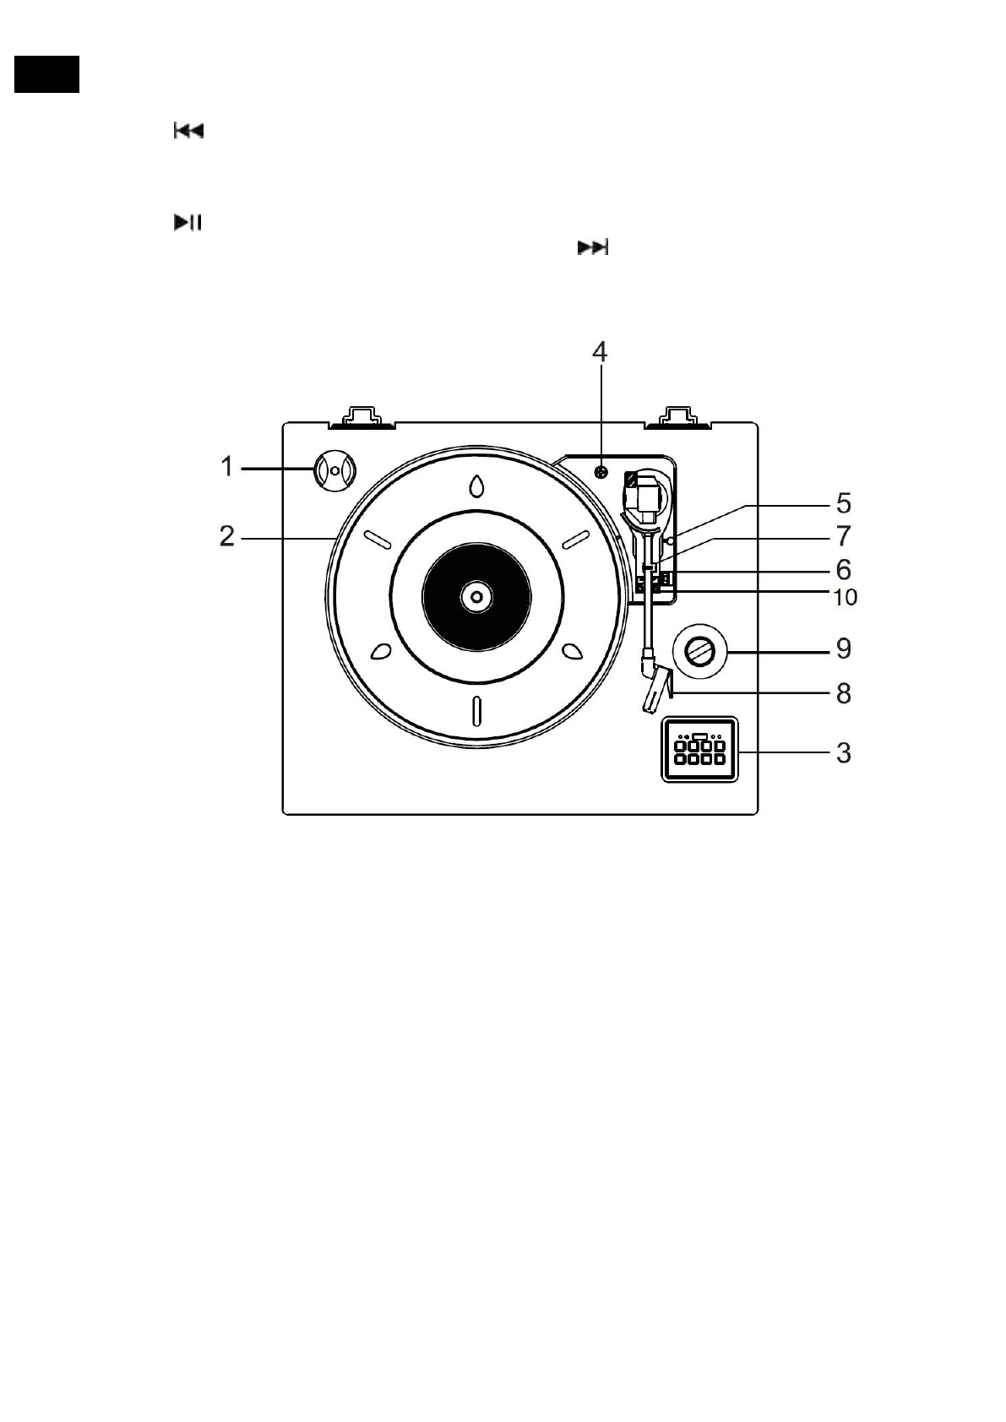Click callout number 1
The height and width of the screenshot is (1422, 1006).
[226, 466]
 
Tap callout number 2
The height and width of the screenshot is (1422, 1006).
[226, 535]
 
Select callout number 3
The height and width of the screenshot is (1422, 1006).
[843, 752]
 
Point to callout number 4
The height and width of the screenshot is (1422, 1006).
[599, 351]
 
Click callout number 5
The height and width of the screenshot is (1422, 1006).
[843, 503]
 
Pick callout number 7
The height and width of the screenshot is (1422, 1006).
[843, 535]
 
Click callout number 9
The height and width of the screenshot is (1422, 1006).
[843, 649]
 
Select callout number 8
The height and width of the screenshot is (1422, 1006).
[843, 693]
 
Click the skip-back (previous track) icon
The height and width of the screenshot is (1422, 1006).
[188, 131]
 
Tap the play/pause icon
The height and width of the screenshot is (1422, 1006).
[188, 223]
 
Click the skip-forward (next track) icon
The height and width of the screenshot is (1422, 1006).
[593, 247]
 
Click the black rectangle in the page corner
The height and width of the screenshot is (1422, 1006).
[47, 74]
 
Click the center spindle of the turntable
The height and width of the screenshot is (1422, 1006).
[476, 597]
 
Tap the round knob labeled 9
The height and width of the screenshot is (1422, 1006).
[699, 651]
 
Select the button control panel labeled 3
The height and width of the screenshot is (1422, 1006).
[699, 749]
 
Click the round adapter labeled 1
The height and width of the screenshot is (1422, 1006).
[334, 469]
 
